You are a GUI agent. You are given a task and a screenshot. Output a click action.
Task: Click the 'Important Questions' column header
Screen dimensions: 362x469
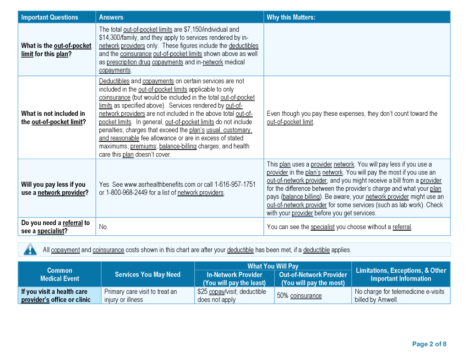point(49,17)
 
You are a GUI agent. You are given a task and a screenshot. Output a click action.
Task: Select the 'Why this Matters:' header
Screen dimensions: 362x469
point(291,17)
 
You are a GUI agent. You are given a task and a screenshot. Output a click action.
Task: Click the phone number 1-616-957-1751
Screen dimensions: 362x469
point(235,184)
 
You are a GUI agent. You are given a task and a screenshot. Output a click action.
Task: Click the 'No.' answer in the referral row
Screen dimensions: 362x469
point(104,227)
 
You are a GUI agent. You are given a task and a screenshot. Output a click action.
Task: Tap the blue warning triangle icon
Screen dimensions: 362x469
point(30,249)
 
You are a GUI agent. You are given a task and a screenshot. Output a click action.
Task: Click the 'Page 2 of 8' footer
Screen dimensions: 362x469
point(429,344)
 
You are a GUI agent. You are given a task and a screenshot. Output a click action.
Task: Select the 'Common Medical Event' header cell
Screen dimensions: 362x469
point(60,275)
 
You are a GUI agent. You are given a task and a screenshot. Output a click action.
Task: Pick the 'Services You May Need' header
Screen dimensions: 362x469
point(147,275)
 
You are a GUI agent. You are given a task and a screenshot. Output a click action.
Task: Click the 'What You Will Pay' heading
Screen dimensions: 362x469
point(273,266)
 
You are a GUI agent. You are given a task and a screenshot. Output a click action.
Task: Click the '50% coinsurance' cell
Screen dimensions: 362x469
point(299,296)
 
